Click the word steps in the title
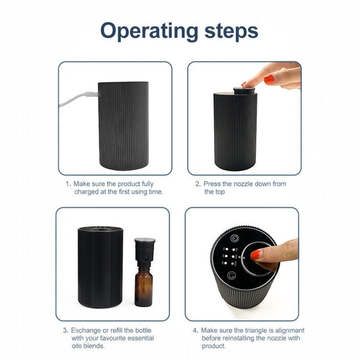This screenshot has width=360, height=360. coord(227,31)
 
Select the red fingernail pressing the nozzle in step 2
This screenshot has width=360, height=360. coord(268,80)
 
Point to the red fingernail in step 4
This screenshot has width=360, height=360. coord(256,255)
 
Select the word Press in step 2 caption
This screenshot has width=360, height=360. coord(213,183)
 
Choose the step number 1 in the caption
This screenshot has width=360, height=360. coord(68,183)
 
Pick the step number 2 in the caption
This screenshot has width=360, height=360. coord(198,183)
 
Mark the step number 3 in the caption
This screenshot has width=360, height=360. coord(66,330)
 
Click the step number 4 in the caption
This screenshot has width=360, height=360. coord(195,330)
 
